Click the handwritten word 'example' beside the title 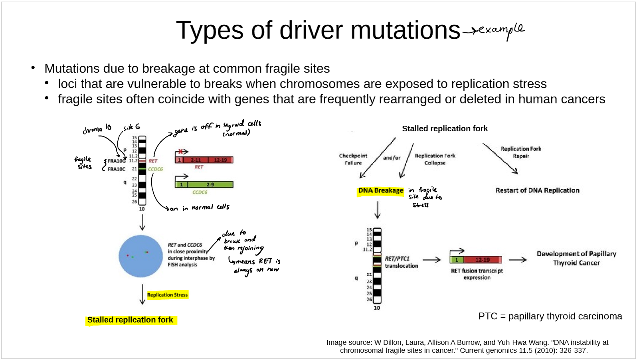coord(501,30)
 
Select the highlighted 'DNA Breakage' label coord(380,191)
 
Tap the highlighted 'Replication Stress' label coord(167,295)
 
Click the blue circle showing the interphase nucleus coord(140,256)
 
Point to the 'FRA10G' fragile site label coord(117,161)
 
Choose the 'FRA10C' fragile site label coord(117,169)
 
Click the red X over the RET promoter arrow coord(181,152)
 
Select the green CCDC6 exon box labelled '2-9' coord(210,185)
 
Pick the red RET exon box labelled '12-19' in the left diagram coord(220,160)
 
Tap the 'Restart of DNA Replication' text coord(537,190)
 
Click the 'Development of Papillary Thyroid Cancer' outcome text coord(576,258)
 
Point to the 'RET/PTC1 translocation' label coord(401,262)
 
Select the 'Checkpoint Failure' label coord(353,159)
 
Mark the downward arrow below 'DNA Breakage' coord(378,210)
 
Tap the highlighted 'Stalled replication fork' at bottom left coord(130,320)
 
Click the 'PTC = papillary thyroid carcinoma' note coord(550,316)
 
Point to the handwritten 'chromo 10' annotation coord(97,129)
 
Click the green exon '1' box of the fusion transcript coord(457,260)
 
